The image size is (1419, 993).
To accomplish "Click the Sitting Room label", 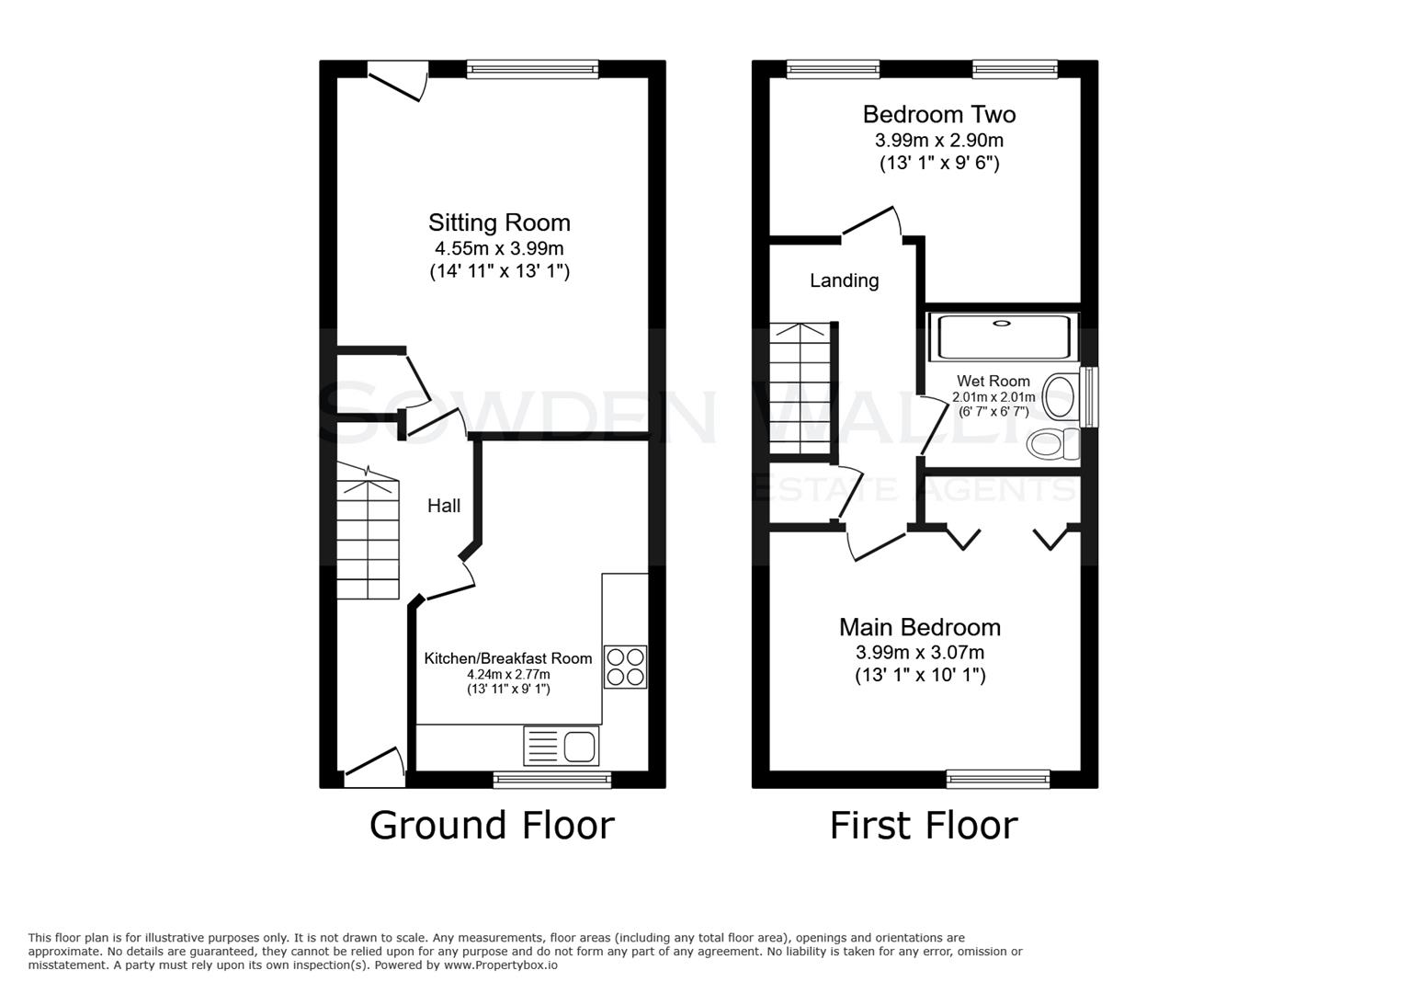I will click(x=499, y=223).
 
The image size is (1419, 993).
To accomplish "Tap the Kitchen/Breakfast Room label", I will click(x=507, y=658).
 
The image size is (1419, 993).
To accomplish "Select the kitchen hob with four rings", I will click(x=625, y=668).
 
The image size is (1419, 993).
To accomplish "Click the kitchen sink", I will click(x=562, y=745).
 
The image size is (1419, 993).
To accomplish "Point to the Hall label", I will click(x=444, y=506).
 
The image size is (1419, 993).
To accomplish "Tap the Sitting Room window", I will click(x=532, y=68).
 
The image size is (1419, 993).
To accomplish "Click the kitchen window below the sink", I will click(x=552, y=780).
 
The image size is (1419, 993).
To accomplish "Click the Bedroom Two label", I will click(x=938, y=115).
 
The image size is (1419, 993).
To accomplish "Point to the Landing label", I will click(x=844, y=280).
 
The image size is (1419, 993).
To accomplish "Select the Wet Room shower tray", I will click(x=1002, y=337).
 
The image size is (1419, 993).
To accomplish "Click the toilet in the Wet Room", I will click(x=1054, y=445).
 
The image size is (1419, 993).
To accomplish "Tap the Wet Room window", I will click(x=1089, y=397).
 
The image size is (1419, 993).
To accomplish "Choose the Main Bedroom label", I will click(x=919, y=627).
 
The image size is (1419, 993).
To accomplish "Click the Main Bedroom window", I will click(x=998, y=780).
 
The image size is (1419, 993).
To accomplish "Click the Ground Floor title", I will click(x=492, y=826).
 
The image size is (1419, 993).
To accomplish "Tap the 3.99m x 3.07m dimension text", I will click(x=919, y=653).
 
